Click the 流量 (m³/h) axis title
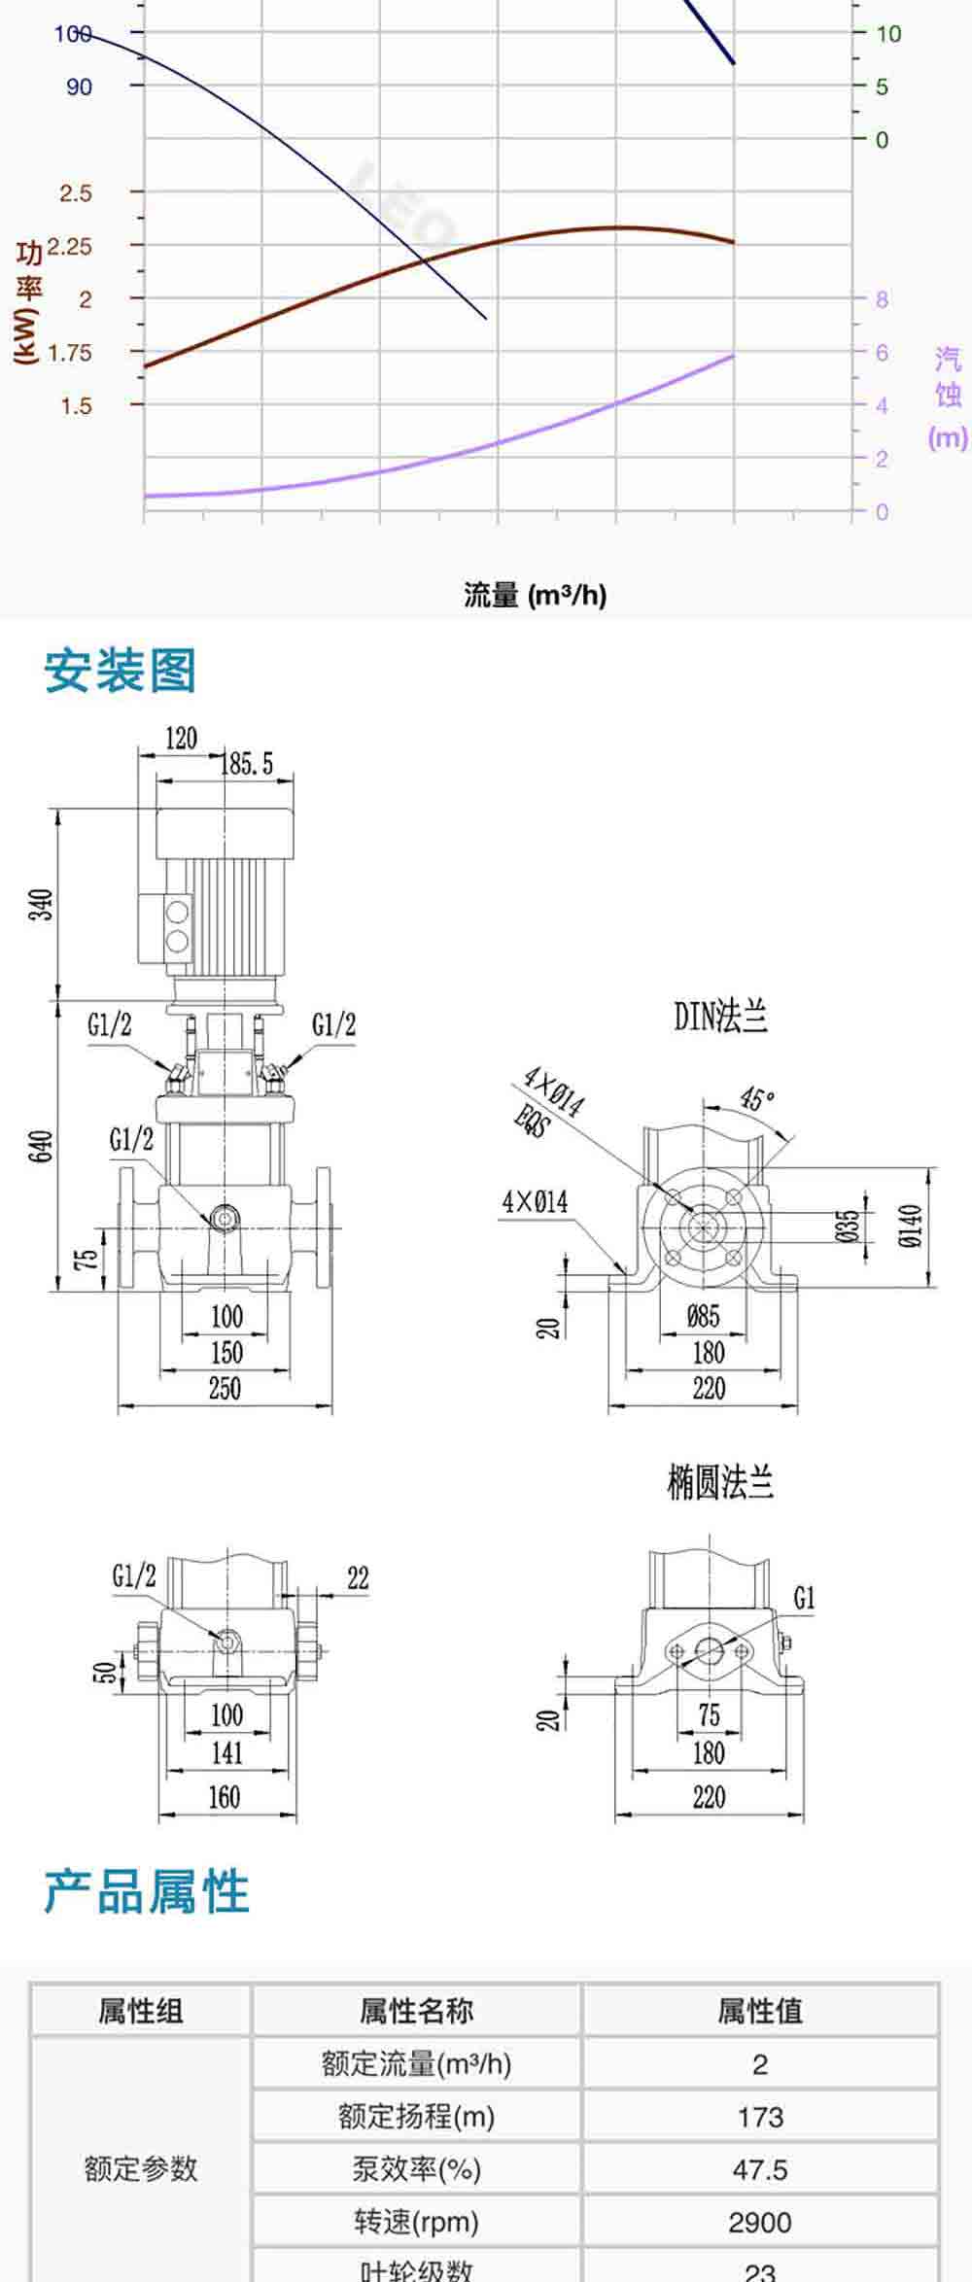[x=535, y=595]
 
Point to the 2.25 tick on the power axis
[x=70, y=247]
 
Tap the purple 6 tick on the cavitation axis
[x=882, y=353]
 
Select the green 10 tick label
[x=888, y=34]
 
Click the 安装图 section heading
[x=121, y=672]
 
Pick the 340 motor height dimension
[x=42, y=905]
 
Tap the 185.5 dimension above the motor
[x=248, y=764]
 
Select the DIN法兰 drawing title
[x=720, y=1017]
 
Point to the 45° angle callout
[x=757, y=1099]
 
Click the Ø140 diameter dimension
[x=910, y=1226]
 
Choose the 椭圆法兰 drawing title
[x=720, y=1484]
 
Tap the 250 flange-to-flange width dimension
[x=225, y=1388]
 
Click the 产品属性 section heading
[x=147, y=1892]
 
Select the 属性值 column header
[x=760, y=2011]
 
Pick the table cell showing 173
[x=760, y=2117]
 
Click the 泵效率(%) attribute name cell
[x=417, y=2169]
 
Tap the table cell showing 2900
[x=760, y=2222]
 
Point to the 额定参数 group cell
[x=141, y=2169]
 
